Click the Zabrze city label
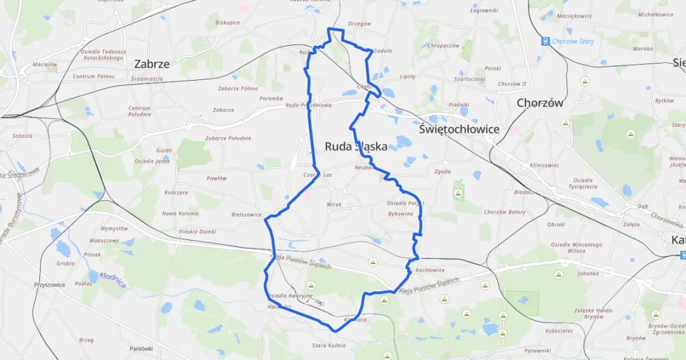[152, 63]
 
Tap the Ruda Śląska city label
[356, 146]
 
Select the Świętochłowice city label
[459, 129]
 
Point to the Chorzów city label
[540, 103]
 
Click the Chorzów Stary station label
[574, 41]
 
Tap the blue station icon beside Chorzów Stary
[545, 41]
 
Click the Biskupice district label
[227, 22]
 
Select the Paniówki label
[141, 348]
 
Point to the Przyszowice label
[50, 285]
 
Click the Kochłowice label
[430, 270]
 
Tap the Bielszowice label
[246, 215]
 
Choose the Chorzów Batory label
[505, 212]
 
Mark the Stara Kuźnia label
[328, 345]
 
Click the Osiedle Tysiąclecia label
[583, 183]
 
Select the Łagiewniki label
[484, 10]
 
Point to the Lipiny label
[407, 77]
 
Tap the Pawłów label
[217, 178]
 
